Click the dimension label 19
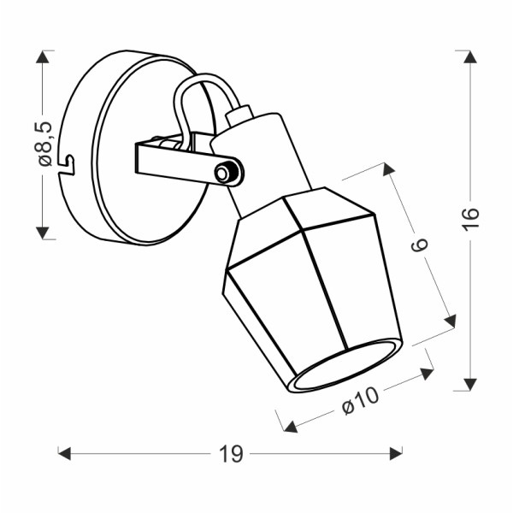(x=229, y=454)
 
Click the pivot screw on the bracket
(x=225, y=173)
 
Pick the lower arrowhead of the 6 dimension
(x=450, y=321)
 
